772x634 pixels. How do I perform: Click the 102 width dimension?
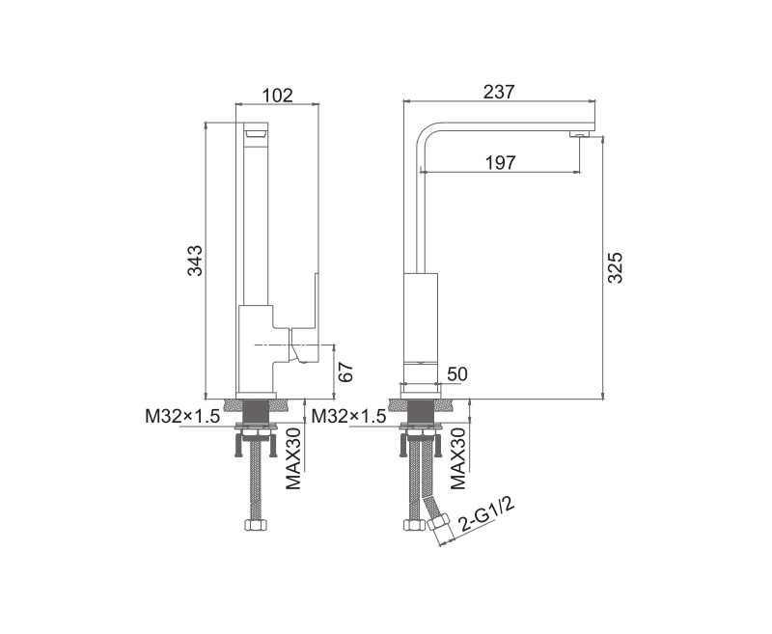click(x=276, y=95)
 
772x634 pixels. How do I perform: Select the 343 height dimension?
click(x=196, y=261)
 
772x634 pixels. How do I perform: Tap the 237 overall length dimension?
click(x=499, y=92)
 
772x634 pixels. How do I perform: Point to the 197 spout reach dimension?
click(x=501, y=162)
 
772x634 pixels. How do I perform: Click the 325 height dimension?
click(x=615, y=267)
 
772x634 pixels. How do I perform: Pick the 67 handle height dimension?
click(x=345, y=372)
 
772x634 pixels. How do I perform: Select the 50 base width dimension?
click(x=456, y=374)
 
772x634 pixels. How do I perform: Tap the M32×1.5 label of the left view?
click(x=182, y=417)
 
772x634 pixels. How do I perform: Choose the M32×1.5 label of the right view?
click(x=349, y=417)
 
